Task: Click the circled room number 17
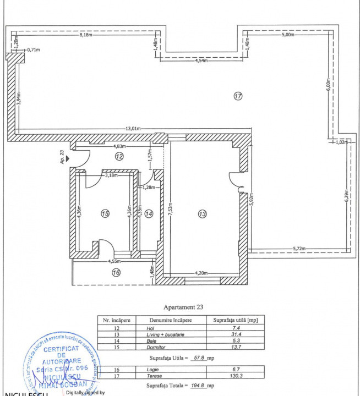(237, 96)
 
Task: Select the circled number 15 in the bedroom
(105, 213)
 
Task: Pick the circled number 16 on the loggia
(116, 272)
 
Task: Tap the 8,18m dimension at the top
(85, 35)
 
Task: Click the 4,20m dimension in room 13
(202, 272)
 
